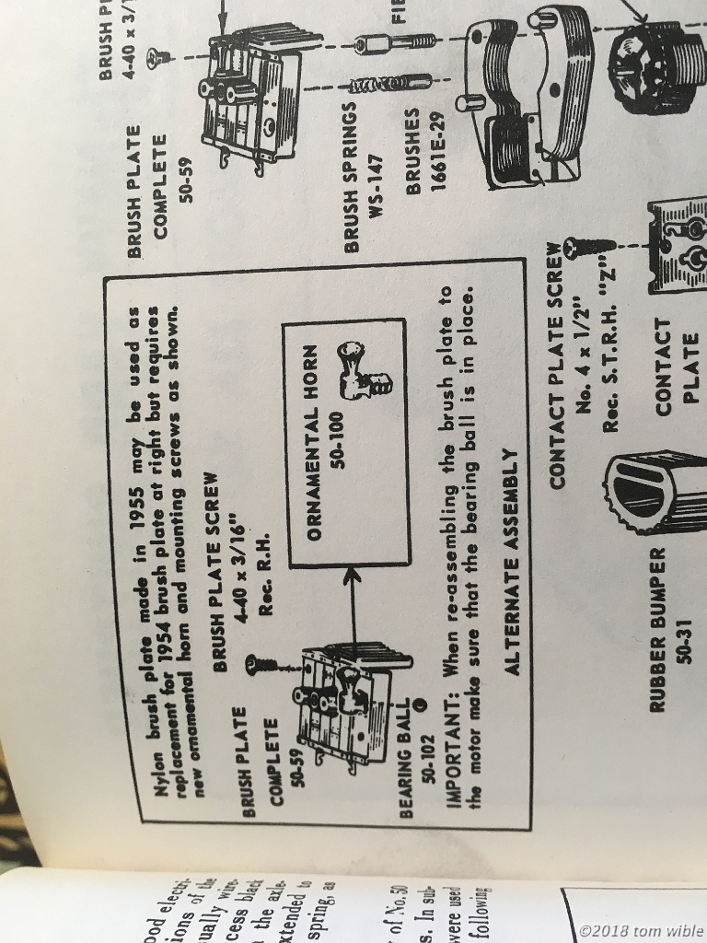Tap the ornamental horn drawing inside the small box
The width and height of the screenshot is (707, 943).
362,369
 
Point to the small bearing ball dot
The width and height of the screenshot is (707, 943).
421,703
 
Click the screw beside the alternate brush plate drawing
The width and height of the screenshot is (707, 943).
258,661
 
